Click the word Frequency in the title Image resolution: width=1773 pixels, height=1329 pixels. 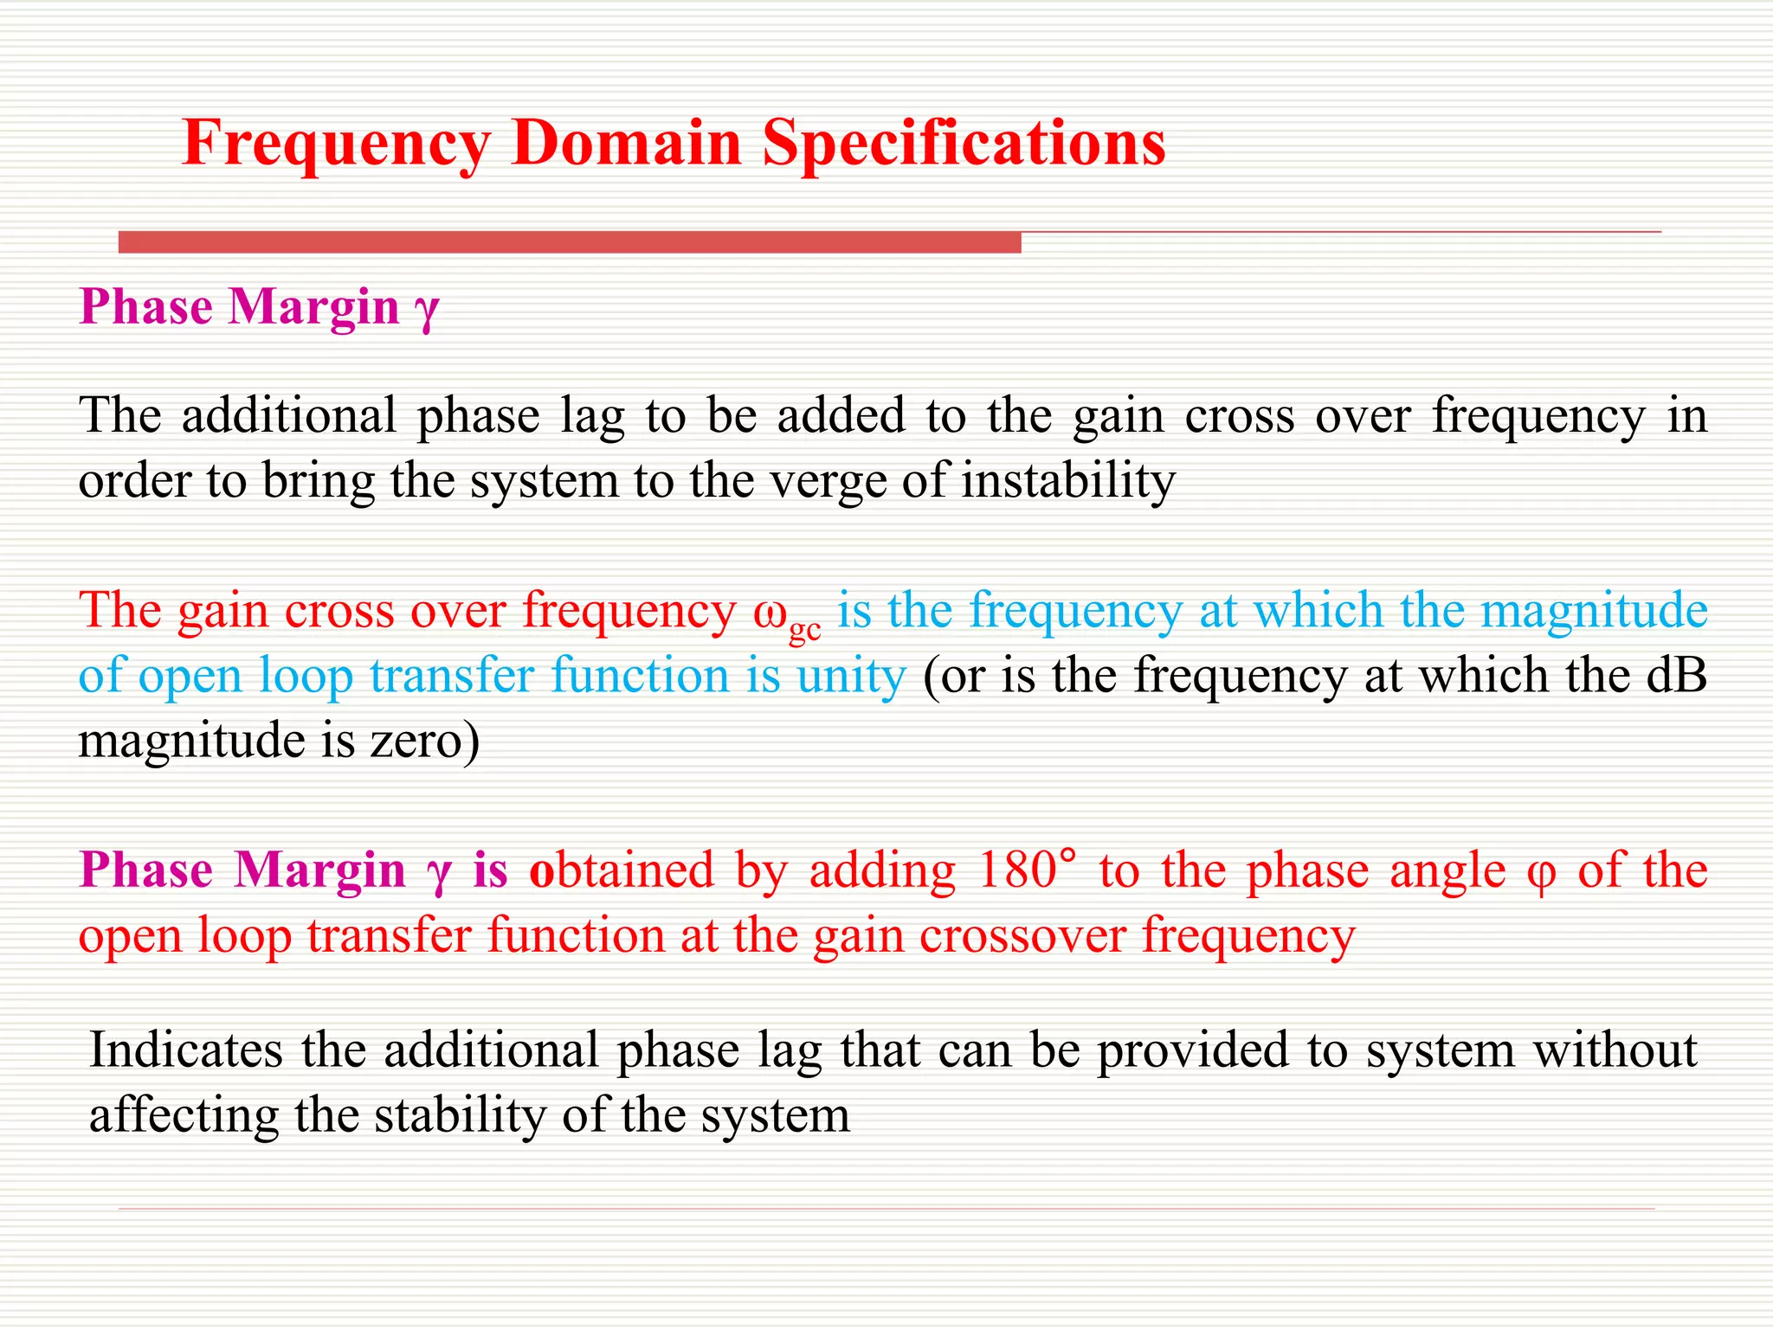pos(336,143)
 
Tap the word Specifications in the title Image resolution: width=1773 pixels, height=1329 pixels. pos(964,143)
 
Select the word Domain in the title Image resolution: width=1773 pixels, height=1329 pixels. pos(627,143)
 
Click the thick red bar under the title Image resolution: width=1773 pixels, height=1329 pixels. pos(570,242)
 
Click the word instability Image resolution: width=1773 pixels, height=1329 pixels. pos(1068,480)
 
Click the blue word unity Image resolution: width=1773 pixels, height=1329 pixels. pos(851,676)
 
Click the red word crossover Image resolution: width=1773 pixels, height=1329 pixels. pos(1022,936)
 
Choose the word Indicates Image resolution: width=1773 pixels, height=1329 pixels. pos(186,1050)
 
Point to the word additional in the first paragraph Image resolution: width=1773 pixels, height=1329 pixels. pos(289,416)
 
